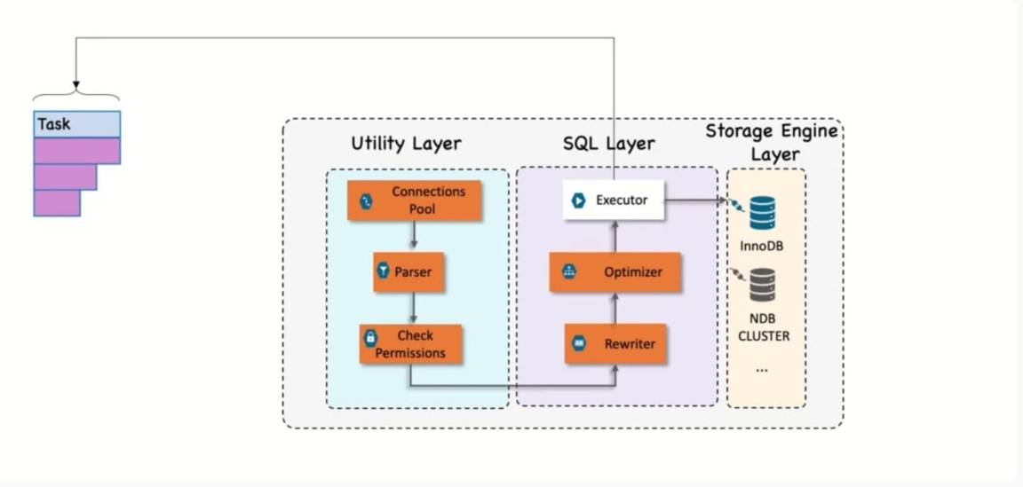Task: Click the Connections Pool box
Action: (414, 201)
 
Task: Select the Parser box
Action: (408, 272)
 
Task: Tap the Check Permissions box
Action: (411, 344)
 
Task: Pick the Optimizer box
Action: (615, 272)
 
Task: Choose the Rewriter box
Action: (615, 343)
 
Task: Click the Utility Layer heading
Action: (406, 144)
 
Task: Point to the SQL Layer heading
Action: (608, 144)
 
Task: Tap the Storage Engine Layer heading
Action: (771, 142)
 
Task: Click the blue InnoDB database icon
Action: (762, 214)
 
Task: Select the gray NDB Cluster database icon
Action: (762, 285)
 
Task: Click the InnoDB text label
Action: (761, 245)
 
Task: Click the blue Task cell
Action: (77, 124)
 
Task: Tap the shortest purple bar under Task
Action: (57, 203)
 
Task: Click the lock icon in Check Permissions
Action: (370, 338)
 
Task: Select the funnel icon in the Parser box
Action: (384, 272)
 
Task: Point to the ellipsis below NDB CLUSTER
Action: (762, 368)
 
